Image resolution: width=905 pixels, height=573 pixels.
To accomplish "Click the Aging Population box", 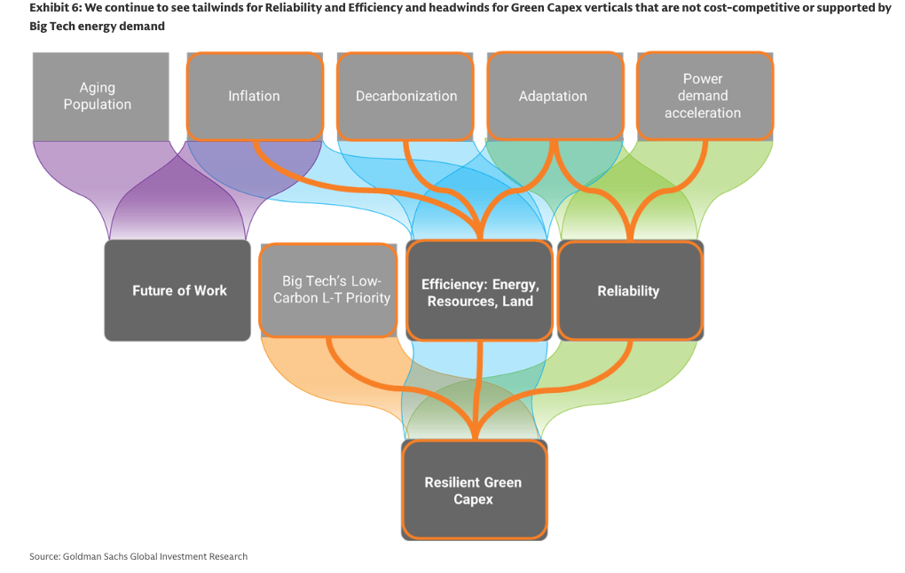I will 98,96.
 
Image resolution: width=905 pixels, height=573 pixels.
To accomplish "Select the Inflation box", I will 254,96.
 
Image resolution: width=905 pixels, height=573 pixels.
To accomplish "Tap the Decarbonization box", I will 406,96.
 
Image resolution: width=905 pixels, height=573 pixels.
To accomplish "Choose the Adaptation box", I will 553,96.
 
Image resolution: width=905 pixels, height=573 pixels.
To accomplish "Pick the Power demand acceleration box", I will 703,96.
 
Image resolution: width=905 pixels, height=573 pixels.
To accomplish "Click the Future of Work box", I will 178,290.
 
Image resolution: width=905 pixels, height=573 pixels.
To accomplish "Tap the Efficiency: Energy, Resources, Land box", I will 480,290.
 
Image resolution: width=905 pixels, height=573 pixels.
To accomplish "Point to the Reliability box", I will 628,290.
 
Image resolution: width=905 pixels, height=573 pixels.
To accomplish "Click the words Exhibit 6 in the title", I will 54,8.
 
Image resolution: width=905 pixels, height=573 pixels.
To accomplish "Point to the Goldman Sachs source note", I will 138,556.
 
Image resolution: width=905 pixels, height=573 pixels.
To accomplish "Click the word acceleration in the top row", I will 703,113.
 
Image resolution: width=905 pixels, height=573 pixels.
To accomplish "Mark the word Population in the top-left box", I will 98,105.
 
